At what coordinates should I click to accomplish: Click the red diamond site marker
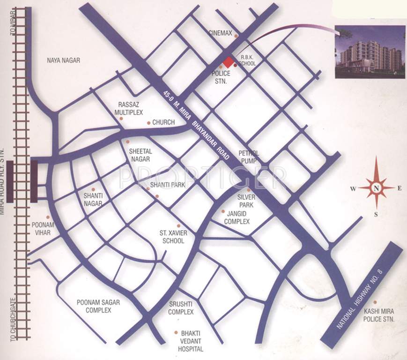pos(228,62)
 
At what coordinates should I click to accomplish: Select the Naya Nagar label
pos(64,60)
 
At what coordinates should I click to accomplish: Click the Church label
pos(163,122)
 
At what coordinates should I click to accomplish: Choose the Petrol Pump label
pos(249,157)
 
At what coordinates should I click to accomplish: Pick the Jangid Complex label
pos(237,217)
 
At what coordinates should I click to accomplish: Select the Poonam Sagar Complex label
pos(98,307)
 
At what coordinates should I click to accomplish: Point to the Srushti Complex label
pos(181,308)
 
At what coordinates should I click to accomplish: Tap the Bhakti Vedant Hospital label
pos(191,341)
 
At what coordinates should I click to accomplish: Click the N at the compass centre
pos(377,188)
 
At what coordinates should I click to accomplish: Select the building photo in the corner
pos(370,52)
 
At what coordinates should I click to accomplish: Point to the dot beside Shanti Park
pos(148,188)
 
